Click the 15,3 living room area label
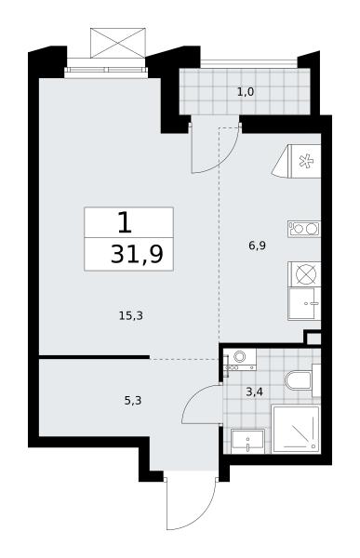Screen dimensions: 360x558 130,315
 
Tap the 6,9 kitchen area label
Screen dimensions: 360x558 257,246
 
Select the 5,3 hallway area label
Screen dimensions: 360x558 133,401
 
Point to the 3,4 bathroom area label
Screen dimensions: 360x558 255,392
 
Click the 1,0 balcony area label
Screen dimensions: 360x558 246,92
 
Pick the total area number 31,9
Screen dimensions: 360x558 137,254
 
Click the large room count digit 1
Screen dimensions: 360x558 125,222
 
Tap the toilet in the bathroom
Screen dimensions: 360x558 302,380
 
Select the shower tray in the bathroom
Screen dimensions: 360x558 296,429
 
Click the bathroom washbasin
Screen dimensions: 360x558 247,441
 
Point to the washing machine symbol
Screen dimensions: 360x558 240,359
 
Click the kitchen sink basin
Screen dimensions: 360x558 304,303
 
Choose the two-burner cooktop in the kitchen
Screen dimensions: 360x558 304,229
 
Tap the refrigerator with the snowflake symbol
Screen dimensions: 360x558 298,161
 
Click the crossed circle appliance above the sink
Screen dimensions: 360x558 305,274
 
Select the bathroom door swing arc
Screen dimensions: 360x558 196,396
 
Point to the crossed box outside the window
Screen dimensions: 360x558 118,43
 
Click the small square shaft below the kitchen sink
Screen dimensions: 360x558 313,338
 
